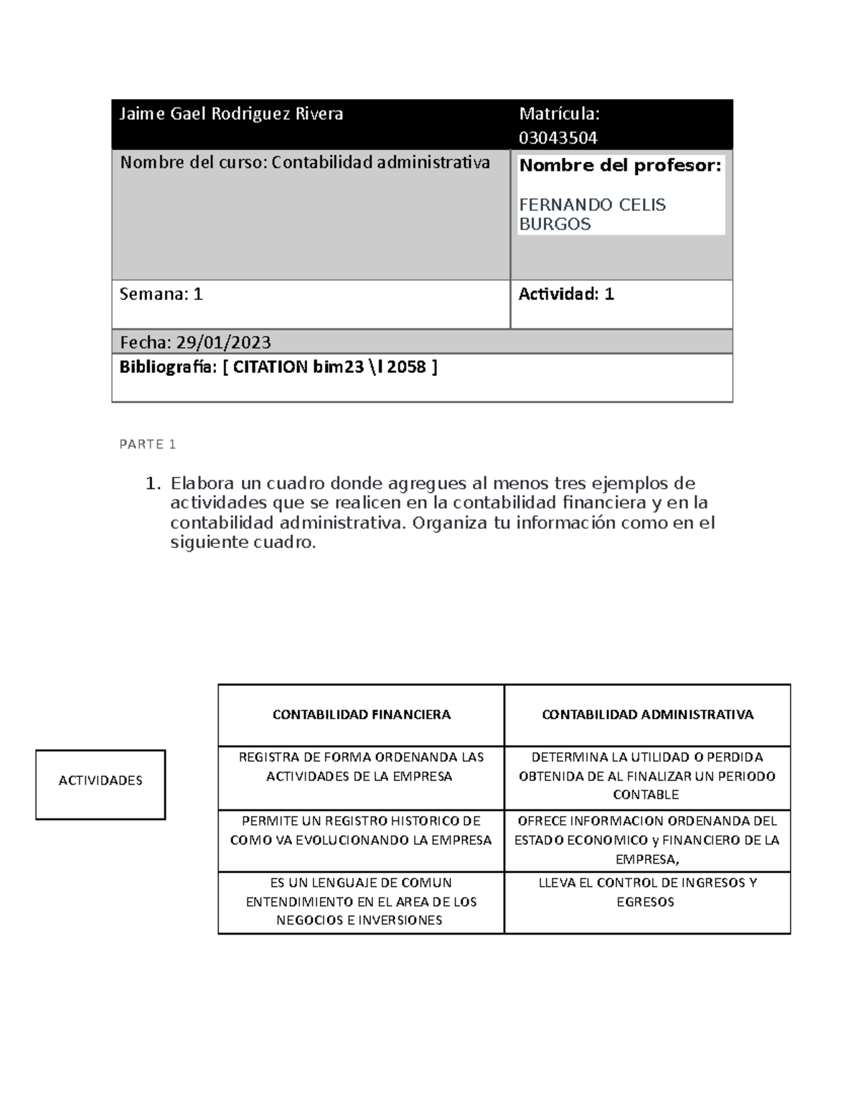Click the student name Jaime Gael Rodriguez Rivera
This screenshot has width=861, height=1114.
[x=231, y=114]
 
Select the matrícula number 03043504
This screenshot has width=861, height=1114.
[x=558, y=138]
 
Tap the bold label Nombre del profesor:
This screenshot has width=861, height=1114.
[x=620, y=166]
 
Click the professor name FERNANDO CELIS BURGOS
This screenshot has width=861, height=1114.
[x=592, y=214]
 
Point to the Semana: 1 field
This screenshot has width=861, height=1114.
[x=161, y=294]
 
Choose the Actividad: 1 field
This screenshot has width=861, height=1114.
[x=566, y=294]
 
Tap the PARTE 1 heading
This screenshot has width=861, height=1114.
[x=148, y=445]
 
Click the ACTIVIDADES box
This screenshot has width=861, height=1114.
[x=100, y=781]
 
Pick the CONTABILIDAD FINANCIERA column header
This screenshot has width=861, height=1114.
[x=361, y=714]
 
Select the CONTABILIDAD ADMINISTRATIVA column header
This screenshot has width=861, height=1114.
[x=647, y=714]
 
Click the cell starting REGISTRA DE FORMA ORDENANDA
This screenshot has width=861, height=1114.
[x=361, y=767]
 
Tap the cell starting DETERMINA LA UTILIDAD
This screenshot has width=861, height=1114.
[x=647, y=775]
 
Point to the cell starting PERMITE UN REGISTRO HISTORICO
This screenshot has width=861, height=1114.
[x=361, y=831]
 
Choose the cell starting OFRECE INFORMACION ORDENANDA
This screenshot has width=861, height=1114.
[x=647, y=840]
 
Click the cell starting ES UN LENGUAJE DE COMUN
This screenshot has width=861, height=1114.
[x=361, y=902]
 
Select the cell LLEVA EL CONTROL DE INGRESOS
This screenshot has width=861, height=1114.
[x=647, y=892]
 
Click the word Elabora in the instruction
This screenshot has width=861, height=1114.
[x=197, y=483]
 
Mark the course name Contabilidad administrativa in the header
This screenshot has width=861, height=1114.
[x=380, y=163]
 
